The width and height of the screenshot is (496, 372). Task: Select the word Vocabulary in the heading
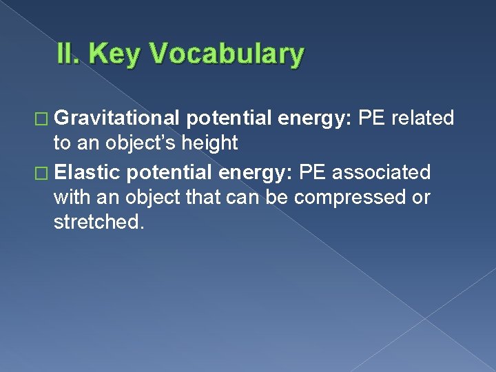click(x=226, y=54)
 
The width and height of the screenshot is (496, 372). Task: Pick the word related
click(x=423, y=118)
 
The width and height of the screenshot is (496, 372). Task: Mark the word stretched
click(x=99, y=224)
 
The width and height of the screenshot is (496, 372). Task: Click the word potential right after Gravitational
click(x=229, y=118)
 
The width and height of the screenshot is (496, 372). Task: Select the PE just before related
click(x=373, y=118)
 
